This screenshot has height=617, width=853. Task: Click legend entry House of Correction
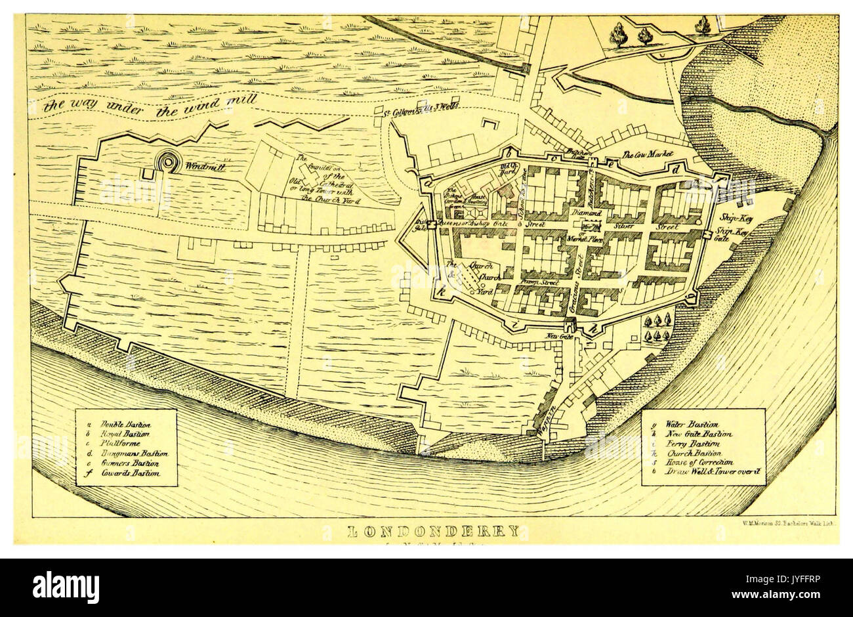[x=699, y=463]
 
